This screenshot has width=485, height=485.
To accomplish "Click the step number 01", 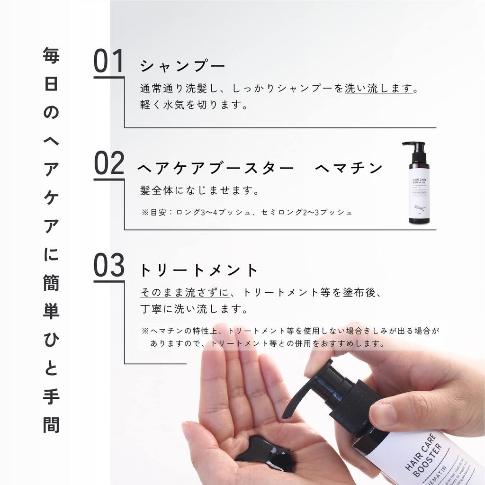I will tap(108, 62).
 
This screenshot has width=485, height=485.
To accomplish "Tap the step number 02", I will tap(108, 163).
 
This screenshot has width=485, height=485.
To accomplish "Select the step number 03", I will tap(108, 266).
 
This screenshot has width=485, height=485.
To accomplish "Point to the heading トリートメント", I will tap(198, 270).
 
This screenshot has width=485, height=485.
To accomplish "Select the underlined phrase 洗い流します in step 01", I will tap(379, 89).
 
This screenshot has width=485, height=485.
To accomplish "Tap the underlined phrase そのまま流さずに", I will tap(181, 293).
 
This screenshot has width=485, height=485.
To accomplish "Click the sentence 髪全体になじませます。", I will tap(199, 190).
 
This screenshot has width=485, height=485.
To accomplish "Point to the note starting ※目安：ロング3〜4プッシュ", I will tap(247, 212).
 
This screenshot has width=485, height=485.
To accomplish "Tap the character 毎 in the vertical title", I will tap(51, 57).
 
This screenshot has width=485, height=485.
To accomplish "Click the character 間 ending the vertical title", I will tap(51, 424).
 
